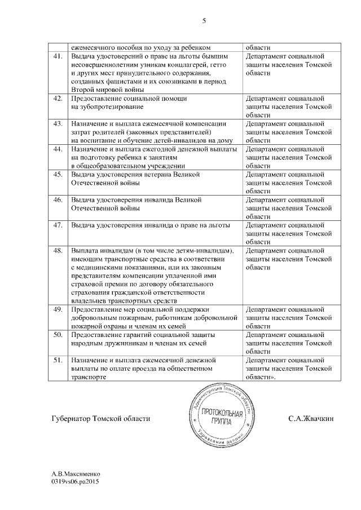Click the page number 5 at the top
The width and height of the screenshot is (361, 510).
(x=204, y=21)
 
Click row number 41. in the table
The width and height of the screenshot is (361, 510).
(x=57, y=57)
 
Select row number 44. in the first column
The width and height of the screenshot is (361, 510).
(x=57, y=149)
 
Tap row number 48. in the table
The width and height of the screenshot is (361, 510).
(x=57, y=250)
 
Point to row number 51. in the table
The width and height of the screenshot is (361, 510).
(x=57, y=360)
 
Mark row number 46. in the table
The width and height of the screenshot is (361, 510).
(x=57, y=200)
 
